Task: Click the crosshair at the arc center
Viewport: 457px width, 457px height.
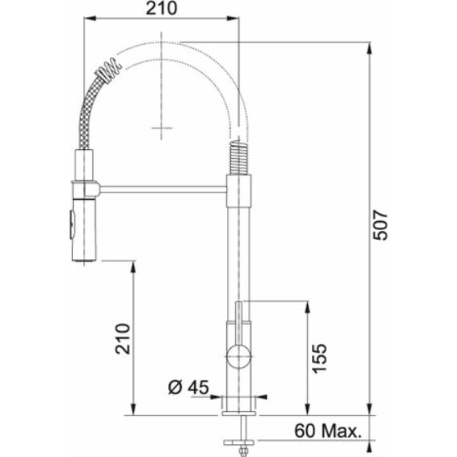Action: [161, 128]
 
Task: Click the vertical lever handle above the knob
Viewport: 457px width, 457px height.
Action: [238, 321]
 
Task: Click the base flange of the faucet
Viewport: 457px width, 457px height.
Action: [239, 405]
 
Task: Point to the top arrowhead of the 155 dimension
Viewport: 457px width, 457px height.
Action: [306, 305]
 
